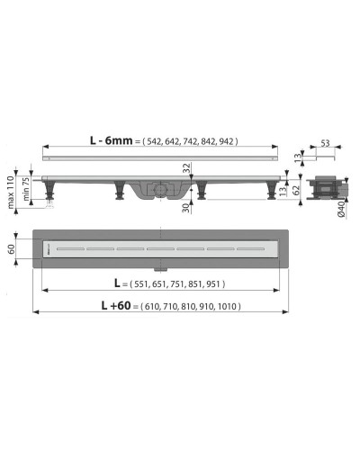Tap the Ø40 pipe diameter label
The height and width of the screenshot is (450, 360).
point(343,211)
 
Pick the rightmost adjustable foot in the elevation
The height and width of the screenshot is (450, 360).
point(269,192)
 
